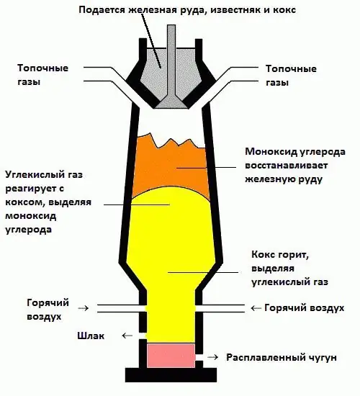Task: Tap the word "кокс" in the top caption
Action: click(284, 10)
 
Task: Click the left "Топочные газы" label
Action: click(42, 75)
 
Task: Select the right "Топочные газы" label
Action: click(291, 76)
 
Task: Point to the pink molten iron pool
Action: click(171, 356)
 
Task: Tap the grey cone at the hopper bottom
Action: click(172, 102)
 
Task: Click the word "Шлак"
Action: click(91, 336)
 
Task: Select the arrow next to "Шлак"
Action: click(127, 336)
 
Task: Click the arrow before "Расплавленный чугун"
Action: click(212, 357)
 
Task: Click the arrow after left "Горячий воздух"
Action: click(84, 308)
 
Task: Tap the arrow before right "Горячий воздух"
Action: click(256, 308)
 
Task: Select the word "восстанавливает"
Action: click(287, 166)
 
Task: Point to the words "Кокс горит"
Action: click(280, 255)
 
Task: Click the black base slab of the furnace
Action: click(171, 375)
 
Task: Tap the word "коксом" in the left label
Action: click(24, 202)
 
